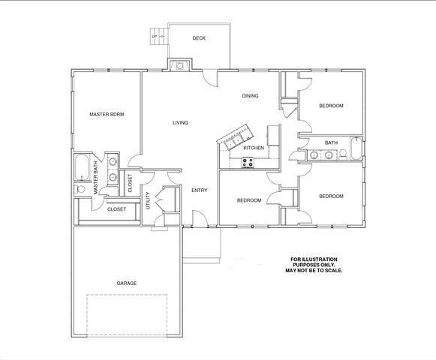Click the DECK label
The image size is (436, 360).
coord(199,38)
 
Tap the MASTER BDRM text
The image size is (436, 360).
coord(107,114)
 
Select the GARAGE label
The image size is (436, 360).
coord(127,283)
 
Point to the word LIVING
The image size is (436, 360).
coord(180,122)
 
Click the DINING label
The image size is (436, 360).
coord(250,96)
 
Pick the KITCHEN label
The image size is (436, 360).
coord(254,148)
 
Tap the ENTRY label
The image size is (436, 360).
coord(200,190)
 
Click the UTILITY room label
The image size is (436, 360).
coord(148,200)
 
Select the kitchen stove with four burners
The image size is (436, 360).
coord(248,163)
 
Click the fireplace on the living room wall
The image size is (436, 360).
coord(179,65)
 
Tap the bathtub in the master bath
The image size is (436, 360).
coord(82,167)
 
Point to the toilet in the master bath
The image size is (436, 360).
coord(80,189)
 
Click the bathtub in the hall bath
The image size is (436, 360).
coord(356,148)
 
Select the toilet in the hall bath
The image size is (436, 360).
coord(343,154)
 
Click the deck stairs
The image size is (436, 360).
coord(159,36)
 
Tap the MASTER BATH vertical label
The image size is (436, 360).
coord(95,178)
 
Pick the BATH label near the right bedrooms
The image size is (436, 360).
coord(331,142)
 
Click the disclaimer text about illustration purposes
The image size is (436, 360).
coord(314,265)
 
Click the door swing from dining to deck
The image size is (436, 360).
coord(209,79)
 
